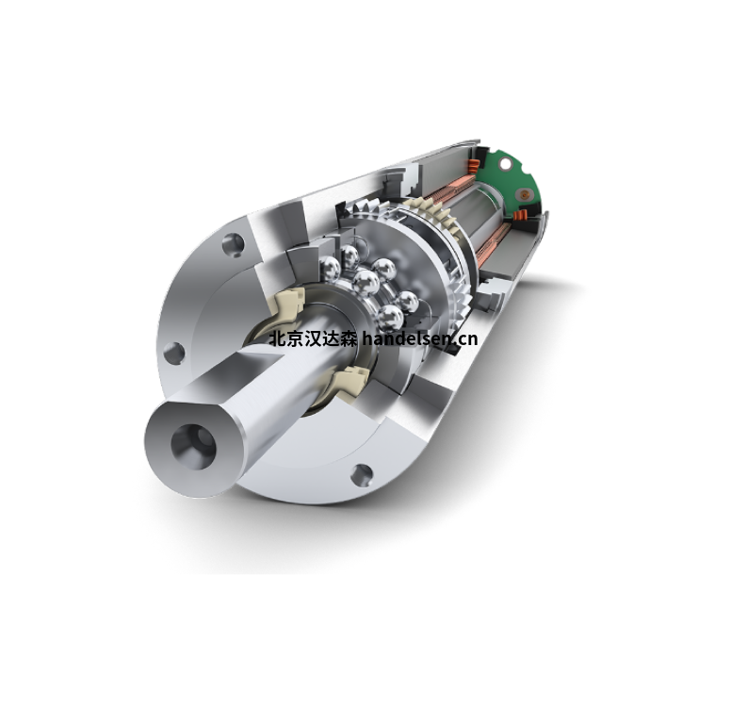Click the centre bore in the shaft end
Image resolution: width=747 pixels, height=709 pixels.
[x=193, y=446]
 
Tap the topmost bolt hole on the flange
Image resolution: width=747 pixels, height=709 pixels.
[x=233, y=245]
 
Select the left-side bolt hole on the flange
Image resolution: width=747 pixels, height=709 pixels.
[x=174, y=354]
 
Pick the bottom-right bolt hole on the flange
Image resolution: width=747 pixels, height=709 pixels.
[x=362, y=475]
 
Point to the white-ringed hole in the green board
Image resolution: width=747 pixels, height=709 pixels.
[x=505, y=164]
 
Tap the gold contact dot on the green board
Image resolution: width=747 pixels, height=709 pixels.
[x=524, y=194]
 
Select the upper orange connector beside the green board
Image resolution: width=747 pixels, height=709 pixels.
[x=472, y=167]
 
